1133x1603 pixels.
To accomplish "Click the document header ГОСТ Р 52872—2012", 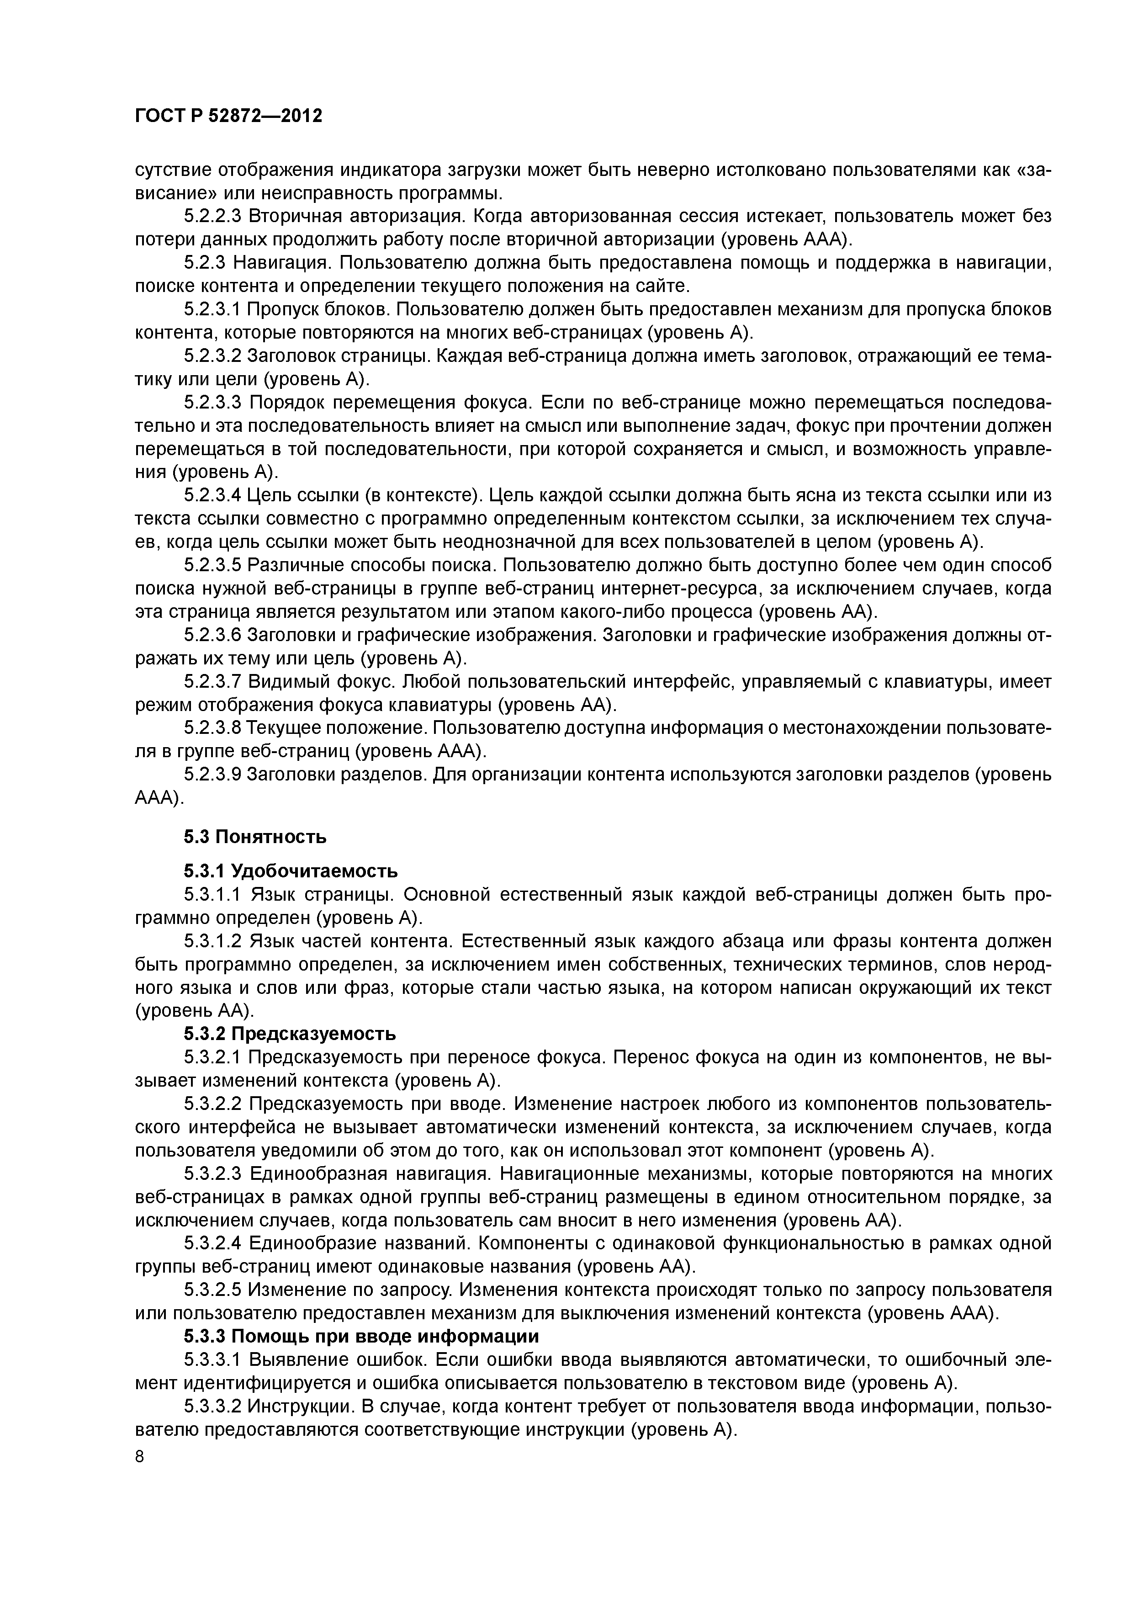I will (x=228, y=116).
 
